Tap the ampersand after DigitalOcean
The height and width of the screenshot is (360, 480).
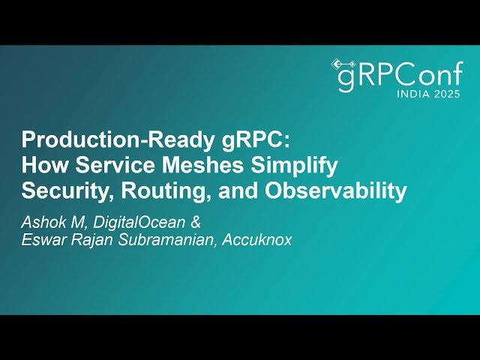pos(196,222)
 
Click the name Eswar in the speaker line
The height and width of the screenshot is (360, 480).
pos(43,240)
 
